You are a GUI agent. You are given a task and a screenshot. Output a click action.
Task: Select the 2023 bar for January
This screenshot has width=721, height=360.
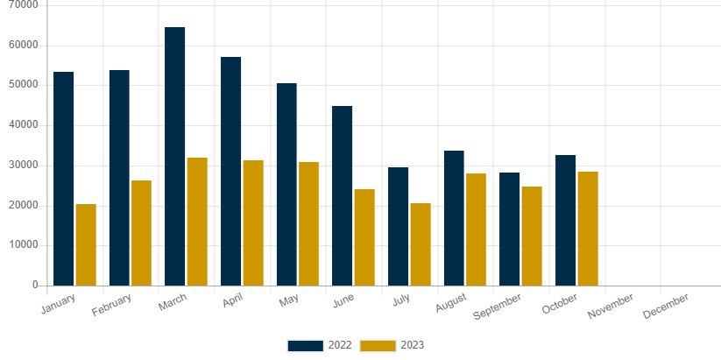pos(86,244)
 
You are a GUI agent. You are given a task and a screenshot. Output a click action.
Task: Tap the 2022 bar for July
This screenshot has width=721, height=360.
pos(399,226)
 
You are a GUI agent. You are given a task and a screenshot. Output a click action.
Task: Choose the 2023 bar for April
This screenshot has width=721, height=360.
pos(253,222)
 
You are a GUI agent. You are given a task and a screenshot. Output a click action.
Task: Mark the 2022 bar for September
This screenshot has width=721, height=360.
pos(510,229)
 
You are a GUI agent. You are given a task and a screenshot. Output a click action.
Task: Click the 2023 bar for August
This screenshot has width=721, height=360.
pos(477,229)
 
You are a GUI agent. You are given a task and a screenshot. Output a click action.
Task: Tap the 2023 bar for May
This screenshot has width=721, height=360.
pos(309,223)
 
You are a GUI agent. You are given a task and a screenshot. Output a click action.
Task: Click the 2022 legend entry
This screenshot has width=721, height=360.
pos(321,345)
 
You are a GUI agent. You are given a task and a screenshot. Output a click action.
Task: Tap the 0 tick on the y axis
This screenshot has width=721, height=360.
pos(35,285)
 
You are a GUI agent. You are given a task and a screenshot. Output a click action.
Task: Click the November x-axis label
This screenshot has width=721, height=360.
pos(611,307)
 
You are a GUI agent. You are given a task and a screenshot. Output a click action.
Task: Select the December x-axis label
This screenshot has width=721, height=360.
pos(666,307)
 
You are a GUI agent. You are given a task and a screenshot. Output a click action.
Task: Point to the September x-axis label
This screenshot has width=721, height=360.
pos(498,307)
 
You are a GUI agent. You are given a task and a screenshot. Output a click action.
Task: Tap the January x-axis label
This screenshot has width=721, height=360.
pos(60,304)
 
